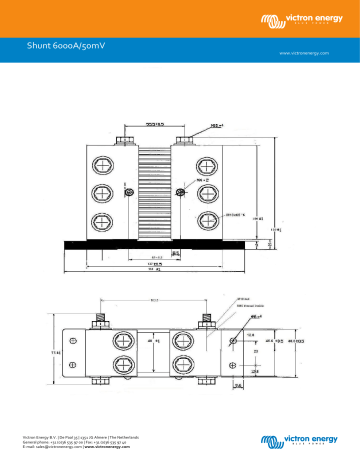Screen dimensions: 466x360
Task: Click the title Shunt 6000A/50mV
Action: (x=67, y=44)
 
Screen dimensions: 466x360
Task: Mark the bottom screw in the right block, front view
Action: (x=206, y=220)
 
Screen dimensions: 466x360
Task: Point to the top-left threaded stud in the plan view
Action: (x=102, y=321)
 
